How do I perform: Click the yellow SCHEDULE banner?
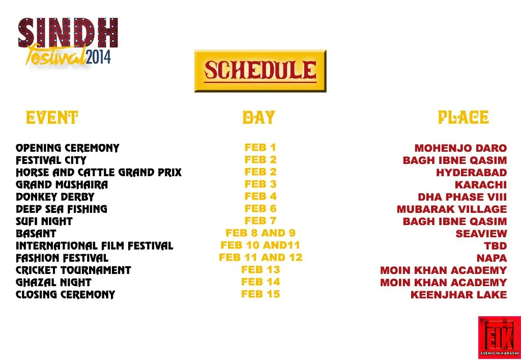[260, 71]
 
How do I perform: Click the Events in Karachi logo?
[499, 337]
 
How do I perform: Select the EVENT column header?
[52, 118]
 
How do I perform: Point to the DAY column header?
[258, 118]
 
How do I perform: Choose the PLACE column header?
[464, 118]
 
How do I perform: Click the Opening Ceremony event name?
[67, 148]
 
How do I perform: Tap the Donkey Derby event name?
[55, 197]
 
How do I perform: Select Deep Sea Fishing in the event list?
[61, 209]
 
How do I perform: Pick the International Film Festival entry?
[94, 246]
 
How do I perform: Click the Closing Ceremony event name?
[65, 295]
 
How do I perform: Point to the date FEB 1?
[260, 148]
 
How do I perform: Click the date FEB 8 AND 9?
[260, 233]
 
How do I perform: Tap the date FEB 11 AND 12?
[260, 258]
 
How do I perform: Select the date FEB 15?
[260, 294]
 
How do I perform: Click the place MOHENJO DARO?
[460, 148]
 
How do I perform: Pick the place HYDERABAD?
[471, 173]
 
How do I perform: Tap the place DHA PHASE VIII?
[462, 197]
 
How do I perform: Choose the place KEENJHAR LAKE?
[458, 295]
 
